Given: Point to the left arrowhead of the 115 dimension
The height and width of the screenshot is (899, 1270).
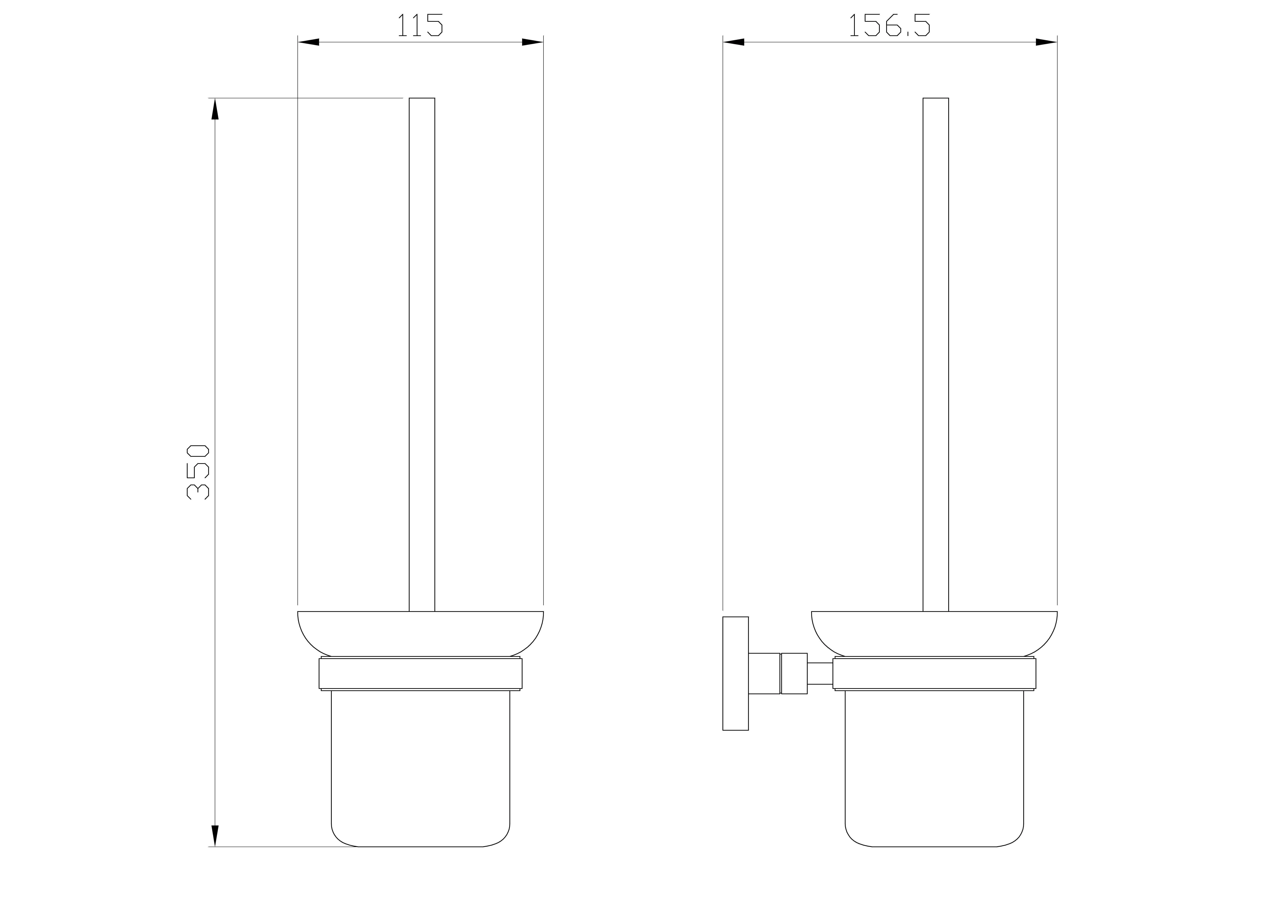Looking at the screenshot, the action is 309,42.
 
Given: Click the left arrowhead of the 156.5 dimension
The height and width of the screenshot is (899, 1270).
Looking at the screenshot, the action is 734,42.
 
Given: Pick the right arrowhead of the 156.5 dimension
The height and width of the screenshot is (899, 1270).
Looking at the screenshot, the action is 1046,42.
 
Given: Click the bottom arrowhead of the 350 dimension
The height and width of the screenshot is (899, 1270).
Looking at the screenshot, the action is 215,836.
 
